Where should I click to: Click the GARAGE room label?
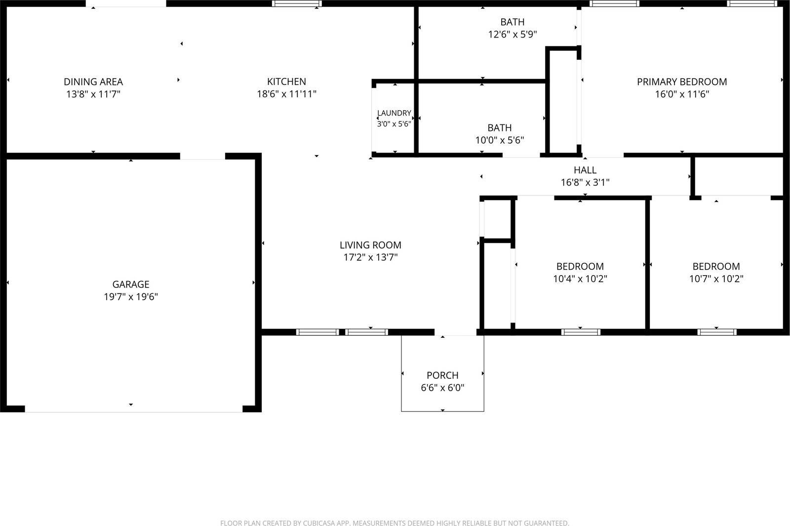tap(131, 284)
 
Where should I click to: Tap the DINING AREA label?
tap(93, 82)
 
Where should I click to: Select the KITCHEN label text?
tap(286, 81)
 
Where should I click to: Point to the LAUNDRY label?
tap(394, 113)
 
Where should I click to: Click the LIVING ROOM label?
tap(370, 245)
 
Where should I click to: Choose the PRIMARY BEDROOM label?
tap(682, 82)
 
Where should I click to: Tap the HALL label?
tap(585, 170)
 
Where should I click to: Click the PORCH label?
tap(442, 375)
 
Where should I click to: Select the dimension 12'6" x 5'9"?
tap(513, 34)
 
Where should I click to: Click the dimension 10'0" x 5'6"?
tap(499, 140)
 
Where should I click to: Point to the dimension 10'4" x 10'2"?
tap(580, 279)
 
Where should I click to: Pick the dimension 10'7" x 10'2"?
tap(716, 279)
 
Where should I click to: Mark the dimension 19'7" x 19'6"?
tap(131, 297)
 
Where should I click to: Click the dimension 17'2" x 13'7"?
tap(370, 257)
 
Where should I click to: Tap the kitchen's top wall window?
tap(297, 3)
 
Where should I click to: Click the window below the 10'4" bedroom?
tap(581, 332)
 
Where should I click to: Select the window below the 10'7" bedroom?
tap(717, 332)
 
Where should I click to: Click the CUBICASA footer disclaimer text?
tap(395, 523)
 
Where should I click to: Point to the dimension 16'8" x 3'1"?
tap(585, 182)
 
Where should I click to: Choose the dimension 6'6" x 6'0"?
tap(442, 388)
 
